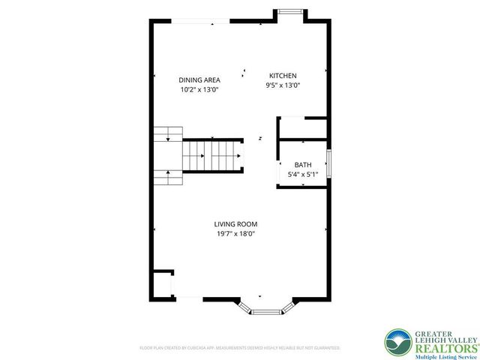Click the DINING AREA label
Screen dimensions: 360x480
(198, 79)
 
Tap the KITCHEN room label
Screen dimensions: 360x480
(283, 76)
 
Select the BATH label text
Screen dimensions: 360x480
(303, 165)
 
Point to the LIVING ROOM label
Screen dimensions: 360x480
(235, 223)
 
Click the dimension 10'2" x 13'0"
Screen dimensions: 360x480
(198, 89)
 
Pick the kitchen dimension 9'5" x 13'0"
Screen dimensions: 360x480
(283, 85)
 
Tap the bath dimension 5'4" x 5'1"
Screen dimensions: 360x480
(303, 175)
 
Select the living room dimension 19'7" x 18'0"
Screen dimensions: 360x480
(235, 233)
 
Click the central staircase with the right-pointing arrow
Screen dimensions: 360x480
(212, 155)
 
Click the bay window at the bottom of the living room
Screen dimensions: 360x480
(266, 308)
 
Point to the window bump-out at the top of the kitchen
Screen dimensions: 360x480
(292, 13)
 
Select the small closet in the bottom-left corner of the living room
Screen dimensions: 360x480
(162, 284)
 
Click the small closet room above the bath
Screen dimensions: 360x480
(302, 128)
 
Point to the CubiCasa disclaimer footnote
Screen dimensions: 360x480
(240, 348)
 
